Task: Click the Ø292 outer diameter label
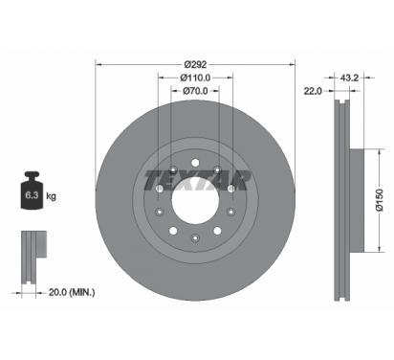195,64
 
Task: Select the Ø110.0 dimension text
195,78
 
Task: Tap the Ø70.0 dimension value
195,91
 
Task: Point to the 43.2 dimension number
349,78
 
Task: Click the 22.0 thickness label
313,91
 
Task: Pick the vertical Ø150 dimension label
380,200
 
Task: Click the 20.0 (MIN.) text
72,292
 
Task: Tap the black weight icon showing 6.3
32,191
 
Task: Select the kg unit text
51,195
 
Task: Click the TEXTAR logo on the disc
197,181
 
